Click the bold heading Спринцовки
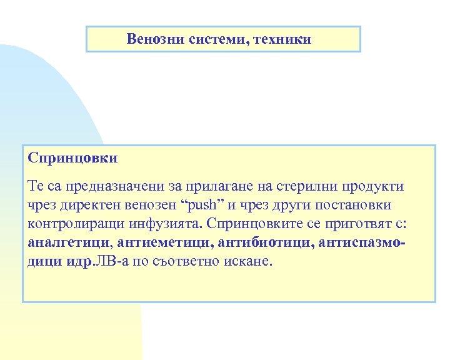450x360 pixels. (x=72, y=158)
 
